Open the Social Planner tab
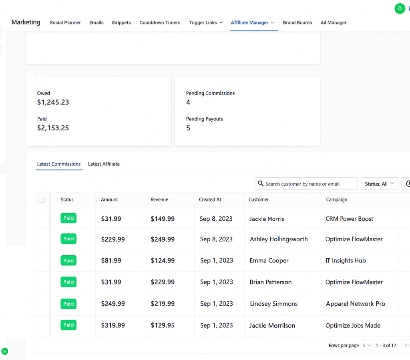[x=65, y=23]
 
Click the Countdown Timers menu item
[x=160, y=23]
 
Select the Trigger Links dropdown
[x=206, y=23]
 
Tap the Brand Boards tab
[x=297, y=23]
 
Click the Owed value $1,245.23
[x=53, y=102]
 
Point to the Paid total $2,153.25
[x=53, y=128]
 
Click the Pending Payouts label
[x=204, y=119]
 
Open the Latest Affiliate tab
[x=104, y=164]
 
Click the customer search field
[x=306, y=184]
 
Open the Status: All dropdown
[x=379, y=184]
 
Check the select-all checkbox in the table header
[x=42, y=200]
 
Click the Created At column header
[x=210, y=200]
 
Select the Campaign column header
[x=336, y=200]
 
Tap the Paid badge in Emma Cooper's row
[x=68, y=260]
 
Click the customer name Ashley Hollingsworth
[x=279, y=239]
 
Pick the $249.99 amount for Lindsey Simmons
[x=113, y=304]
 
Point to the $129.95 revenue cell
[x=163, y=325]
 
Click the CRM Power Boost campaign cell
[x=349, y=219]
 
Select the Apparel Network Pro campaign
[x=355, y=304]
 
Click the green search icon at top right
[x=400, y=8]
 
